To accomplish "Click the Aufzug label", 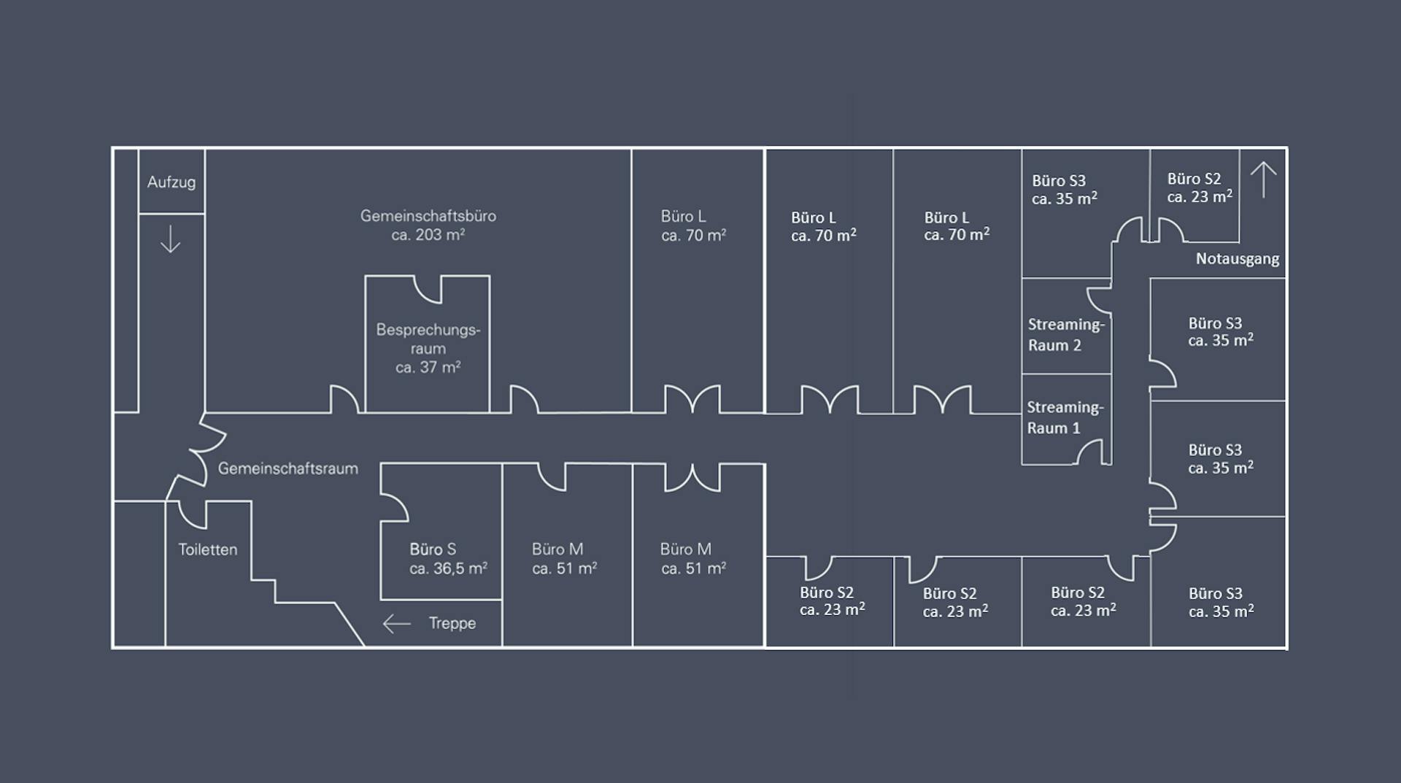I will [x=171, y=182].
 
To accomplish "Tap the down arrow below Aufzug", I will [x=170, y=239].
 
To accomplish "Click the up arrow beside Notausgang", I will [x=1263, y=180].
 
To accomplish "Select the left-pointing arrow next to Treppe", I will [x=396, y=624].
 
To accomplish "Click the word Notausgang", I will [x=1237, y=259].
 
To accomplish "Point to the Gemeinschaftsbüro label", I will [x=428, y=216].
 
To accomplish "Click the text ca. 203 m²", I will [x=428, y=235].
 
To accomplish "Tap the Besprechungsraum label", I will [x=428, y=339].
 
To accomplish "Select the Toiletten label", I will [x=208, y=549].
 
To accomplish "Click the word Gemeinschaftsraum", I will [x=287, y=468].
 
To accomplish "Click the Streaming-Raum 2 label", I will [x=1065, y=335].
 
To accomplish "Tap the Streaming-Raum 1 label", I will [x=1065, y=417].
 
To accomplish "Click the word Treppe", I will [x=452, y=623].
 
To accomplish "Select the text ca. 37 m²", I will [x=428, y=368].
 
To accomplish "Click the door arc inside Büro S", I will [x=395, y=509].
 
